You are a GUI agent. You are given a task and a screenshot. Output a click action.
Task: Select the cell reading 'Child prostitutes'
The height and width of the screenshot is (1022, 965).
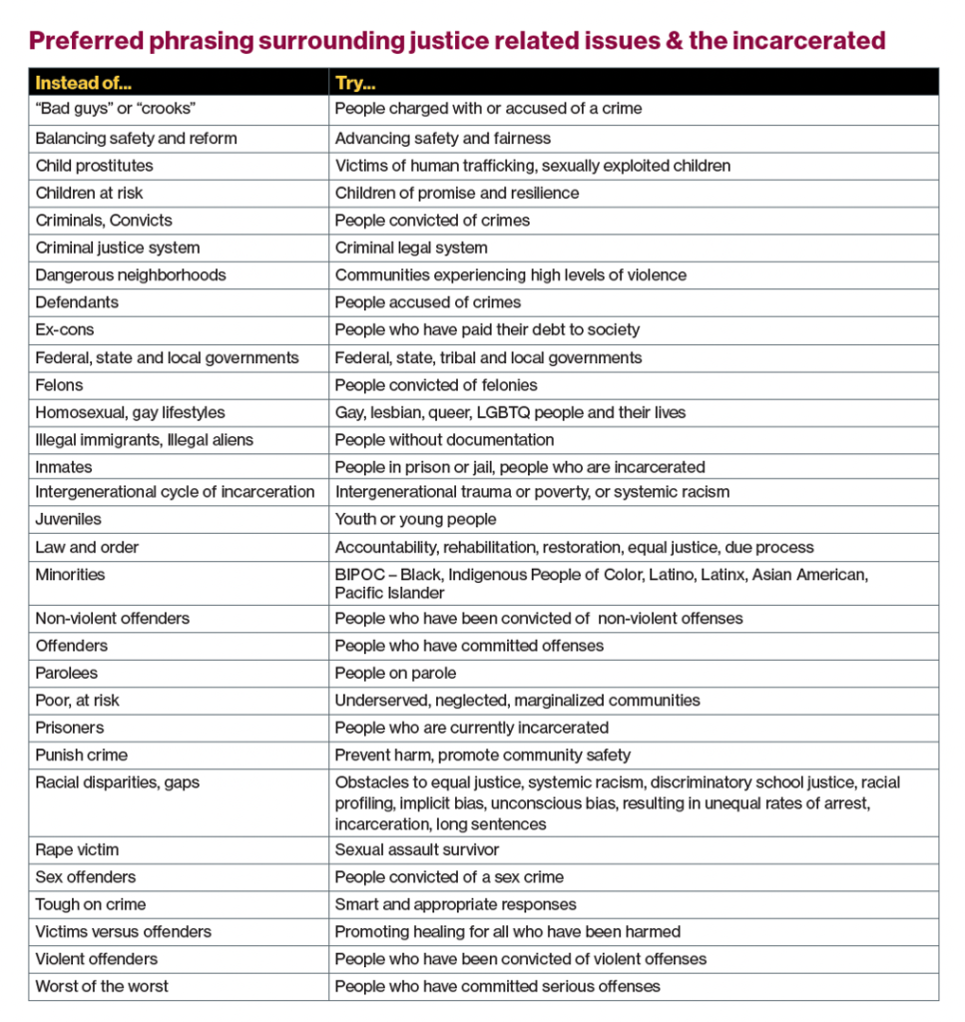click(94, 166)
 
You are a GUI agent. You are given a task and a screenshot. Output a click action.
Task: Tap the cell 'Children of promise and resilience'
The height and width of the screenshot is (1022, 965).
click(456, 193)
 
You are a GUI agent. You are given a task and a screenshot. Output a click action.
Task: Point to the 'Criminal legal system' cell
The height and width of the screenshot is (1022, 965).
click(411, 248)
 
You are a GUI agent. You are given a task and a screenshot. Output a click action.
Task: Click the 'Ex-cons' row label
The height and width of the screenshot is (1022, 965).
click(65, 329)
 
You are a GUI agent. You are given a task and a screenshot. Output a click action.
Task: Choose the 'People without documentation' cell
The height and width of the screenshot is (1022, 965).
click(444, 439)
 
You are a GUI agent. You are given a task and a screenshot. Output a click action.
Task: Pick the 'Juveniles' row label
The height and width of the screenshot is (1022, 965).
click(68, 519)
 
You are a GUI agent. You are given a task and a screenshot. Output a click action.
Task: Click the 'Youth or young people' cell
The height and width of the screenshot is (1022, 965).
click(415, 519)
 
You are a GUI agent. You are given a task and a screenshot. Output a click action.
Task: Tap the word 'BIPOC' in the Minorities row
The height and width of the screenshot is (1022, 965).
click(358, 575)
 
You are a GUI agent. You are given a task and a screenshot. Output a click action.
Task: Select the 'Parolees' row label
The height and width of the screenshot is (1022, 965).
click(66, 673)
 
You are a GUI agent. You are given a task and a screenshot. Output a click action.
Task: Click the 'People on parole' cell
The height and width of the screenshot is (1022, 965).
click(395, 673)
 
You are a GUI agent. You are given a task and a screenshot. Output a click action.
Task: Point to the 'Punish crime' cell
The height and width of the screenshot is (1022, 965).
click(81, 755)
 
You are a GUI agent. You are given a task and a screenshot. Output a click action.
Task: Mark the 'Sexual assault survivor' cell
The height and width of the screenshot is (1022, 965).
click(416, 849)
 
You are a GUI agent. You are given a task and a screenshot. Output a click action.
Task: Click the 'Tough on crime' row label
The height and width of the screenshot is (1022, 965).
click(90, 904)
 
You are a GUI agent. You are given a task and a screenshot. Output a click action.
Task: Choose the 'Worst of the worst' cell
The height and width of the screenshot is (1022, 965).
click(102, 986)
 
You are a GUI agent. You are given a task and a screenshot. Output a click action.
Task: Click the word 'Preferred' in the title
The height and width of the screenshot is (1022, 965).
click(83, 41)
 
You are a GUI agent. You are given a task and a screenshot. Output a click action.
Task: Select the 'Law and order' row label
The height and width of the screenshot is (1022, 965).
click(87, 547)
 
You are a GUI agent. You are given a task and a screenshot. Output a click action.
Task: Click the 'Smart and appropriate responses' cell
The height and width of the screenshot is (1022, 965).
click(455, 904)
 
